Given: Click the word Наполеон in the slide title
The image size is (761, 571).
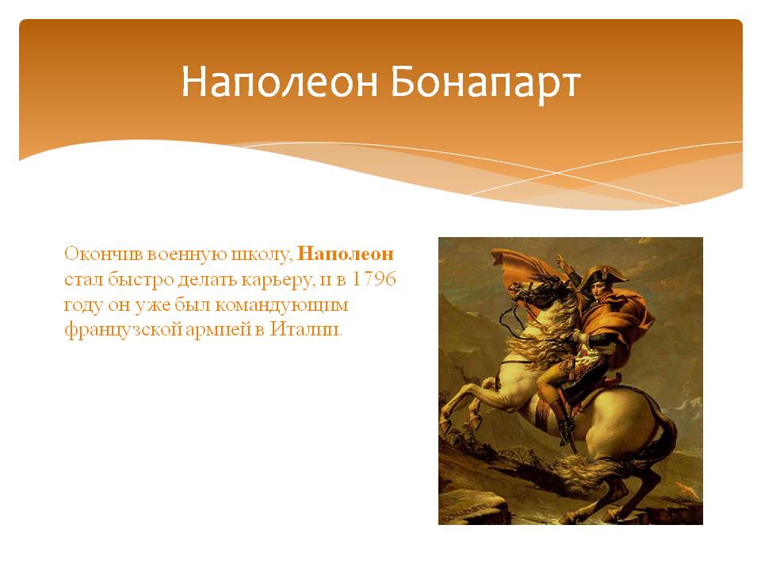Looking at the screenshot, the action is click(280, 82).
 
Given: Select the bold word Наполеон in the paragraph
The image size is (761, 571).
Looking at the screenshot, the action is click(345, 254).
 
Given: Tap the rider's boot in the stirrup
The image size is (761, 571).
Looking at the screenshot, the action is click(564, 430).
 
